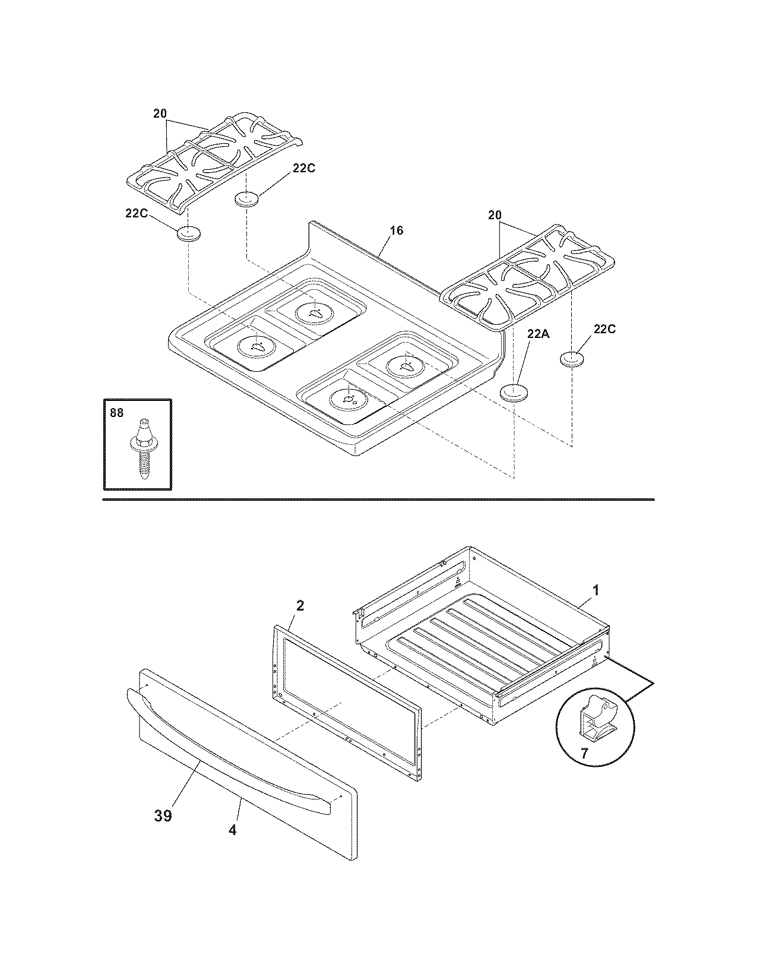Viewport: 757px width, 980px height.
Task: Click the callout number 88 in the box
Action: coord(116,412)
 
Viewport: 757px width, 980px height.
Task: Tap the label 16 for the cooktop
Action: coord(396,230)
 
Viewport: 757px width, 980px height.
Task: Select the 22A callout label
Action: coord(538,334)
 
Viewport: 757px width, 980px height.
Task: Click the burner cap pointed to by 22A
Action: coord(513,393)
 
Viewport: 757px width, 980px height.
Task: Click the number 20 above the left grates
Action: coord(160,113)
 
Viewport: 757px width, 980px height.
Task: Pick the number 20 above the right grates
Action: coord(495,215)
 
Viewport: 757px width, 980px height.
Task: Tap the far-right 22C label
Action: coord(604,328)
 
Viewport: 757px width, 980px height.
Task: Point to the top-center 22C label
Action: coord(303,168)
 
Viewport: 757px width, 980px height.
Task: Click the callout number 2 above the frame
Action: coord(300,605)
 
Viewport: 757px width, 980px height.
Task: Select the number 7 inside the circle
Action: coord(584,753)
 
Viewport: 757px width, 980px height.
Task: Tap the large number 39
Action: coord(163,815)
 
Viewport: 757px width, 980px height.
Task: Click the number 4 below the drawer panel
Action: coord(233,830)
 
